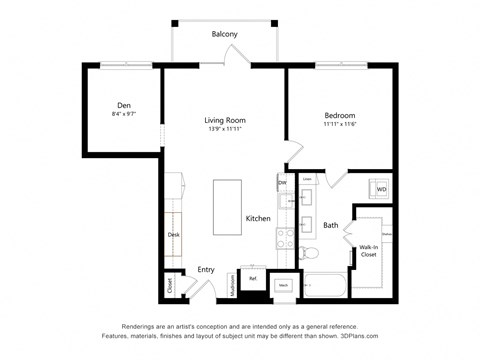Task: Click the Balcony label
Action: [x=225, y=34]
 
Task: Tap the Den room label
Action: [x=124, y=105]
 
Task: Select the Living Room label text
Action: [x=225, y=120]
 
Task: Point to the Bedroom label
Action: [x=339, y=115]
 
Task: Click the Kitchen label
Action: [x=258, y=218]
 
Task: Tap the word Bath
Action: [x=330, y=226]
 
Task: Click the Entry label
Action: [x=206, y=270]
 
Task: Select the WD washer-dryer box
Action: [x=381, y=188]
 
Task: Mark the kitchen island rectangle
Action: [x=227, y=206]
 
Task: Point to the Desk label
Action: [x=173, y=235]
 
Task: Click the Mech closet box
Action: [x=284, y=285]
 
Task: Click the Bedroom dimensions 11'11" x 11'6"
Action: [x=339, y=125]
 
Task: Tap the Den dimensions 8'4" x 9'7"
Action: [x=124, y=115]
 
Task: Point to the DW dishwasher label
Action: [x=282, y=183]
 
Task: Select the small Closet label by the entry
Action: [x=170, y=285]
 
